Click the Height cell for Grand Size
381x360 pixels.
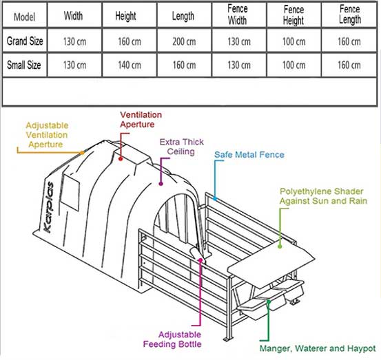pyautogui.click(x=130, y=41)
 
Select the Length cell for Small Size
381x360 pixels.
pyautogui.click(x=184, y=65)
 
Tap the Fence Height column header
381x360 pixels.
pyautogui.click(x=294, y=15)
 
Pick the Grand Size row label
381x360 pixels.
pyautogui.click(x=25, y=41)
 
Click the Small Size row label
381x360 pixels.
pyautogui.click(x=24, y=65)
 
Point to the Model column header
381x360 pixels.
pyautogui.click(x=24, y=17)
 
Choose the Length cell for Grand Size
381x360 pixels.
pyautogui.click(x=184, y=41)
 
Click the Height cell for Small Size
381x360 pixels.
pyautogui.click(x=130, y=65)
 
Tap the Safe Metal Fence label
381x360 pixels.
pyautogui.click(x=249, y=155)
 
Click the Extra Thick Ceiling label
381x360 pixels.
pyautogui.click(x=181, y=147)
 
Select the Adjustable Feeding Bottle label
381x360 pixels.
pyautogui.click(x=172, y=339)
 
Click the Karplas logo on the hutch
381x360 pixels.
pyautogui.click(x=48, y=207)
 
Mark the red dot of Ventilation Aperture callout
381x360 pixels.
pyautogui.click(x=121, y=159)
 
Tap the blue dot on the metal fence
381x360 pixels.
pyautogui.click(x=215, y=199)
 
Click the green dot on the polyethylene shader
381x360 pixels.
pyautogui.click(x=280, y=246)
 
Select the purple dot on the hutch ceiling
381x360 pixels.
pyautogui.click(x=161, y=184)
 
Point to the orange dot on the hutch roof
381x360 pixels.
pyautogui.click(x=82, y=153)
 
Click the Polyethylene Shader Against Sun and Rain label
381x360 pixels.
pyautogui.click(x=323, y=196)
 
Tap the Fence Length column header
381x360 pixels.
pyautogui.click(x=350, y=14)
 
